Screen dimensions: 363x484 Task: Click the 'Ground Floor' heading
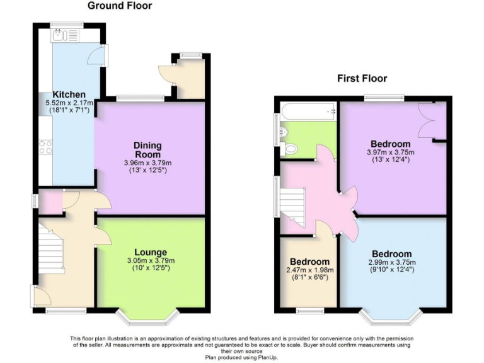119,6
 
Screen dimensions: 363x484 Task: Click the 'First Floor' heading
362,78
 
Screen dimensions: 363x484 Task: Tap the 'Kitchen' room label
69,95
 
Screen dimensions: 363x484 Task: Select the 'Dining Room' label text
147,150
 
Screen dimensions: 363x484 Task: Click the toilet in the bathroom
291,149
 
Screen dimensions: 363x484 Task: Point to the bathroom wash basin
283,132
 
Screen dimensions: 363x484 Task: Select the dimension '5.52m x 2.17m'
69,103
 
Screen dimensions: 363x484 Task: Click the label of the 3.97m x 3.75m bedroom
390,144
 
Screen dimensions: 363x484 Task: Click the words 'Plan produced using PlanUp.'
241,357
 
